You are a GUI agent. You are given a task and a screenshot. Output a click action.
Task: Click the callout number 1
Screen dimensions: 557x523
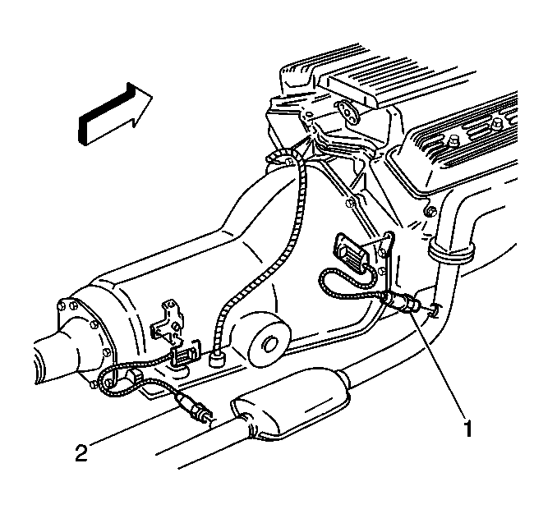point(467,429)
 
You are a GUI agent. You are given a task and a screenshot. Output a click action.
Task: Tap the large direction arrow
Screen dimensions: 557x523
point(115,114)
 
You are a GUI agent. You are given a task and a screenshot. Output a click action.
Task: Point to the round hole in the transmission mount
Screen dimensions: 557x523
point(270,343)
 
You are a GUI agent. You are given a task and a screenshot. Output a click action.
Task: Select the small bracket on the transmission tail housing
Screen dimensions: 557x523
point(166,321)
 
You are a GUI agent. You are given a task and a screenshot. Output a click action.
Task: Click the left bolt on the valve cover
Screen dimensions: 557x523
point(453,140)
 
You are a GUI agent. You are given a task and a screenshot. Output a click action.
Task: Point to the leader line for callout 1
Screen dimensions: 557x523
point(438,363)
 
